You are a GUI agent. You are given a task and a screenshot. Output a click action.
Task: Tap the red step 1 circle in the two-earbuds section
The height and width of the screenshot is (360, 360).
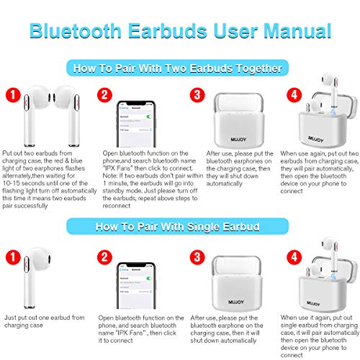[x=12, y=95]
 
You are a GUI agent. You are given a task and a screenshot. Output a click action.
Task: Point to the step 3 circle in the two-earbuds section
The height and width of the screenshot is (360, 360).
[x=195, y=95]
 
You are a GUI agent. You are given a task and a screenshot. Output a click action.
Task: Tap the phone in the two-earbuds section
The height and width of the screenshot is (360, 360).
[x=138, y=126]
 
